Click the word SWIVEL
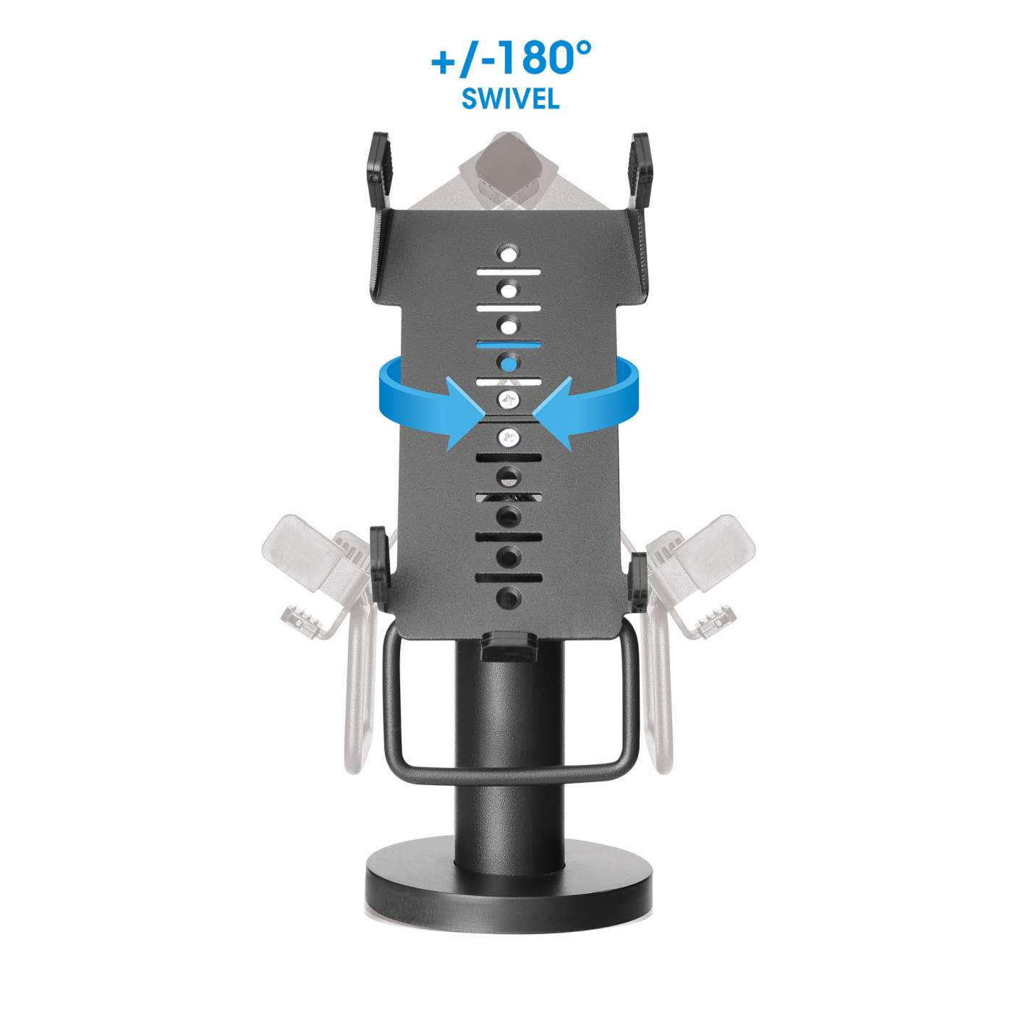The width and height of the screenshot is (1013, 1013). [x=510, y=98]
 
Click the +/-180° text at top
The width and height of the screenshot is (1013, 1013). [x=511, y=58]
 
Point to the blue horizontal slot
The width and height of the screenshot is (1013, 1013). [x=509, y=345]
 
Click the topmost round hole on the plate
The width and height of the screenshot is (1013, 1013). [x=509, y=255]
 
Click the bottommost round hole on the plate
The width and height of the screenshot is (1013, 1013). [x=509, y=597]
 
